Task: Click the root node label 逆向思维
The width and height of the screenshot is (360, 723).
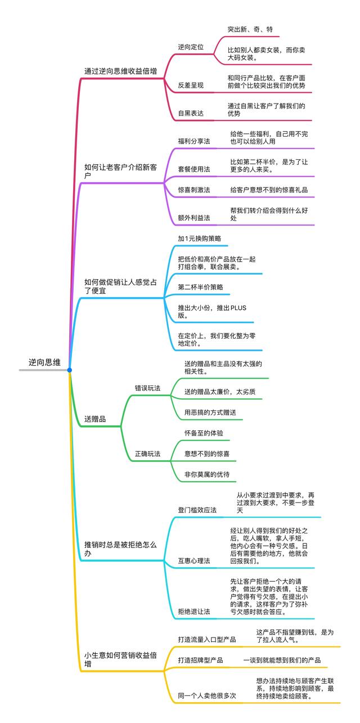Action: coord(44,363)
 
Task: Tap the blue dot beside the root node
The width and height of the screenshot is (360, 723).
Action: coord(69,370)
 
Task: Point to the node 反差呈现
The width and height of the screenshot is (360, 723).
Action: coord(191,85)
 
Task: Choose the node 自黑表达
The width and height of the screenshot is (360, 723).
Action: coord(191,113)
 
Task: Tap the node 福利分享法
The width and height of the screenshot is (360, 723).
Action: coord(194,141)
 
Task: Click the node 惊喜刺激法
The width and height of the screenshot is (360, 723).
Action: coord(194,190)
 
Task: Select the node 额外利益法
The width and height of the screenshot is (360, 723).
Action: coord(194,218)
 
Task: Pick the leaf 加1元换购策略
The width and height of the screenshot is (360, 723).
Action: coord(199,239)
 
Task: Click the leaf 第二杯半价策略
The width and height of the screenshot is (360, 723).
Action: coord(201,287)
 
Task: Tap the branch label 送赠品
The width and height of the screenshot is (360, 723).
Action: coord(94,419)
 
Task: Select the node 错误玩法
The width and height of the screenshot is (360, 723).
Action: coord(147,388)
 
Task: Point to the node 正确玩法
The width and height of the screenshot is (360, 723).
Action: coord(147,453)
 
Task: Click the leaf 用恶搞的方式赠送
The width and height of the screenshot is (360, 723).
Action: coord(210,412)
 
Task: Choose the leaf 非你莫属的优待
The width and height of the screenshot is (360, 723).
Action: coord(207,474)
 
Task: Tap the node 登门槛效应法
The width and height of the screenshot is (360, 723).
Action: coord(197,510)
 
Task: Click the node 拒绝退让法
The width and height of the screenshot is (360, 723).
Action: coord(194,611)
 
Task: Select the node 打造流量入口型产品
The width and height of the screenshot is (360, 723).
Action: coord(207,640)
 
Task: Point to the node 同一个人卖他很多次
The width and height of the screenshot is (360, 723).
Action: coord(207,695)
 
